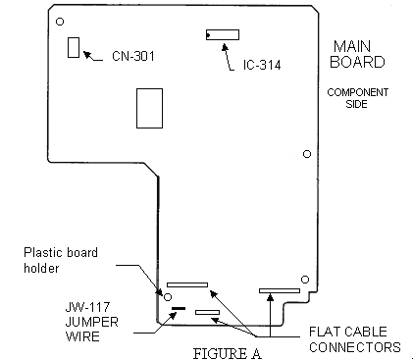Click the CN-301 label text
(133, 56)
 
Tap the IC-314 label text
(262, 65)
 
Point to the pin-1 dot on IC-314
(208, 34)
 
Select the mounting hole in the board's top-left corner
(60, 22)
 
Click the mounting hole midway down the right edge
(307, 154)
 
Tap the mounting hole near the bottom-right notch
(305, 280)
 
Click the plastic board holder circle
(168, 297)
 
